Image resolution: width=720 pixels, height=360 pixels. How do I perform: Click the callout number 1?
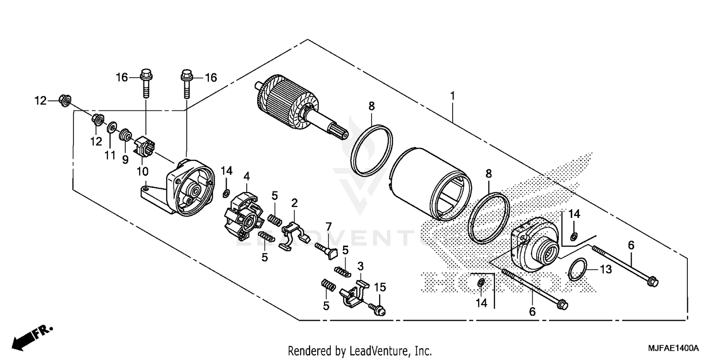point(452,96)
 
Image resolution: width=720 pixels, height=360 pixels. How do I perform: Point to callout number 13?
point(606,270)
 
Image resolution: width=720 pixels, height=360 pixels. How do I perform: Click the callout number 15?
point(380,288)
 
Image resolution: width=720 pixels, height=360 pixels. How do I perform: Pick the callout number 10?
point(143,171)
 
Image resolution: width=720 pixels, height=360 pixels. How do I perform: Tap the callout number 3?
point(360,266)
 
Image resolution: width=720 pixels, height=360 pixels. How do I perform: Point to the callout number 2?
point(294,203)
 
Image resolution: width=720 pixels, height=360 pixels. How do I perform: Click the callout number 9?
point(125,160)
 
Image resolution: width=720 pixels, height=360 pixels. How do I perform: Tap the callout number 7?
point(328,226)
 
